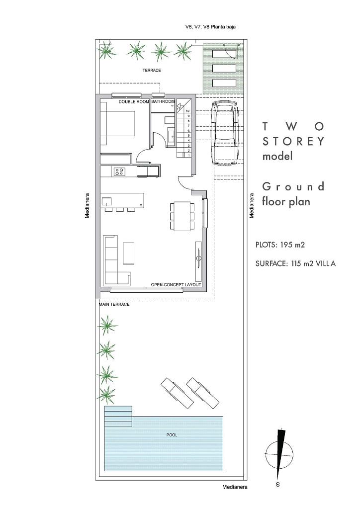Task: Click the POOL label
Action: [x=172, y=435]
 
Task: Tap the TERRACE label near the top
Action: [x=152, y=70]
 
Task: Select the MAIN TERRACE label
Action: [x=114, y=304]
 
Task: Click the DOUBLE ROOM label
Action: [x=134, y=101]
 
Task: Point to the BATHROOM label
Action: [x=163, y=101]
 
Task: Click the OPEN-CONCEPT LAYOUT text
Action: [x=176, y=285]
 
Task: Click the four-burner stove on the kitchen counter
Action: [x=119, y=171]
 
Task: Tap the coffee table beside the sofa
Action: [x=129, y=253]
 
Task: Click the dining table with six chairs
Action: [x=182, y=216]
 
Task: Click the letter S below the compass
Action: [x=278, y=485]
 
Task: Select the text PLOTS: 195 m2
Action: [x=280, y=245]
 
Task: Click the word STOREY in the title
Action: [x=293, y=141]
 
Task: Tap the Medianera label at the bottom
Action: [x=235, y=487]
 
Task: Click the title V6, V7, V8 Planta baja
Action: [x=210, y=27]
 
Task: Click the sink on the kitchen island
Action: [x=106, y=201]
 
